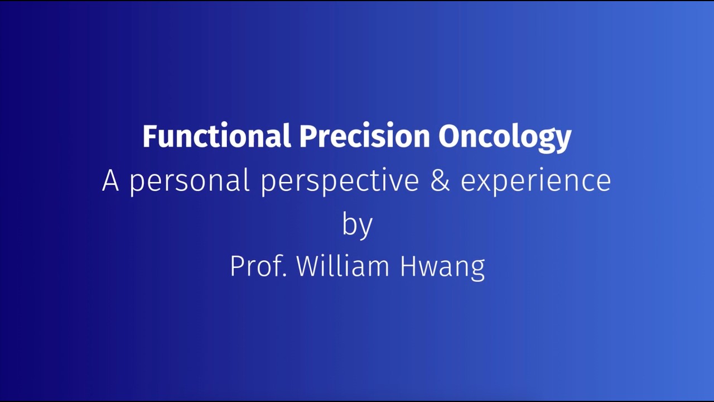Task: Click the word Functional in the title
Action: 216,136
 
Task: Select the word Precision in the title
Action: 364,136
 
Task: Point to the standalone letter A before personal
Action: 110,181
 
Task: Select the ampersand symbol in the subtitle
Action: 440,181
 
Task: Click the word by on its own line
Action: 357,224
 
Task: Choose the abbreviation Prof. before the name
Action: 258,266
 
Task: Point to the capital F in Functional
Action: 149,136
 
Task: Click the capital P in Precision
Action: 306,136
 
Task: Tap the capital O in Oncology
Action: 448,136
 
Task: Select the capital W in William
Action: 308,266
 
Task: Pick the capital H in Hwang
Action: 408,266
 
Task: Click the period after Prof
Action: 284,275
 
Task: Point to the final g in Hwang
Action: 477,269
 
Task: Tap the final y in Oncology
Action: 564,140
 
